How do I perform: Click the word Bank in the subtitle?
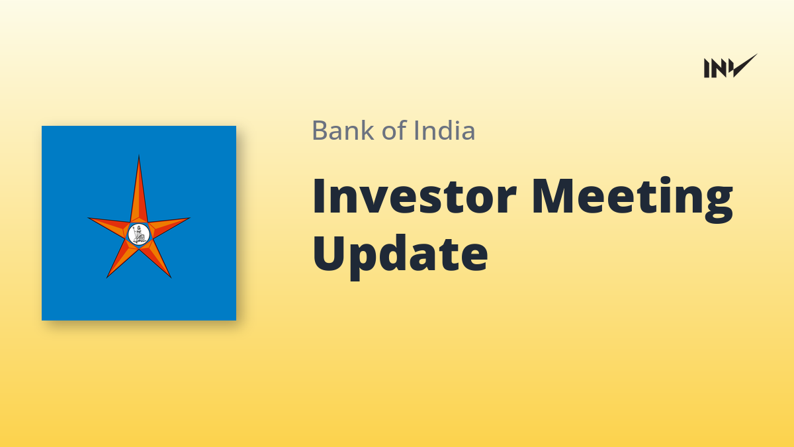[343, 130]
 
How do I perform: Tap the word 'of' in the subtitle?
[394, 130]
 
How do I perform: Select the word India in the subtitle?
[445, 130]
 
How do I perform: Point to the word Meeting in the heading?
[633, 200]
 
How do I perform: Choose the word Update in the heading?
[400, 257]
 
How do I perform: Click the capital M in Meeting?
[553, 197]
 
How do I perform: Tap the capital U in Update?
[330, 253]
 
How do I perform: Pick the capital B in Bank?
[320, 130]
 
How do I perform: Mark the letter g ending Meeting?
[719, 205]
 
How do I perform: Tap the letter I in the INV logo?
[706, 68]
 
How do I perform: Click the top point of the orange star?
[138, 156]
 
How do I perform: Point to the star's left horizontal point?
[89, 219]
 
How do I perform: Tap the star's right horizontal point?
[189, 218]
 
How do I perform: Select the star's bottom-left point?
[107, 277]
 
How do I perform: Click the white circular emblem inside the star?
[138, 234]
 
